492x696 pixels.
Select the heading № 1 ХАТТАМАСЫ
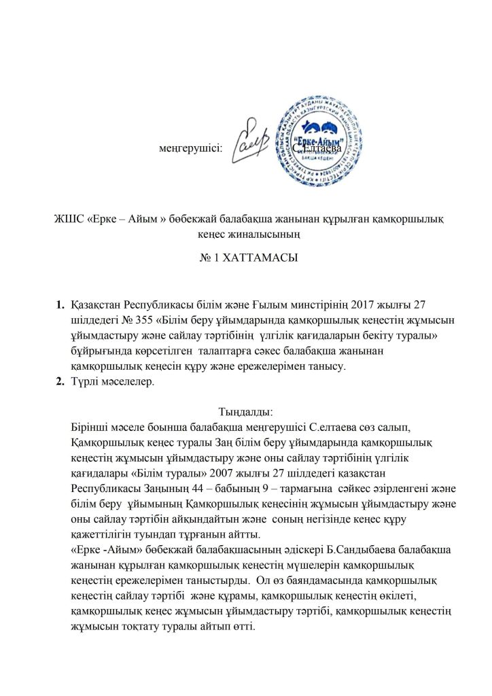[245, 258]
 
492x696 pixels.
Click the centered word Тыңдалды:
[245, 411]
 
